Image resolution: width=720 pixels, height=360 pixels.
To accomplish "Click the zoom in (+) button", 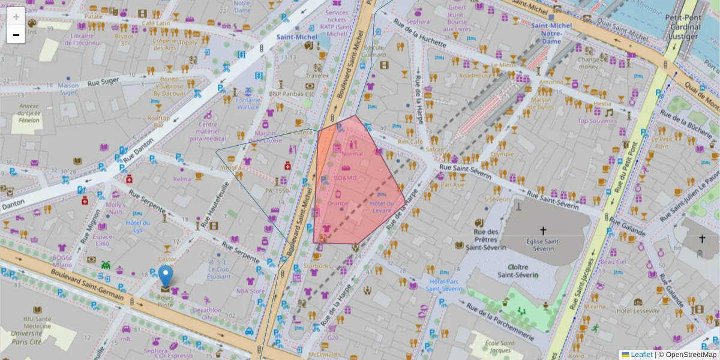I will (16, 16).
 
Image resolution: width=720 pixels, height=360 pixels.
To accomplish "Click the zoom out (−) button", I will (16, 35).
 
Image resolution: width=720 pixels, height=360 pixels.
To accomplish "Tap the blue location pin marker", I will (165, 277).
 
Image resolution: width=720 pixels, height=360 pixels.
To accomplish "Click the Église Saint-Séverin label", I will (544, 244).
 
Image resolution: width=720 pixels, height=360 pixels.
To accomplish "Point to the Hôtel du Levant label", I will (382, 207).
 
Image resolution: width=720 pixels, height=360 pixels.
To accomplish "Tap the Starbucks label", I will (317, 266).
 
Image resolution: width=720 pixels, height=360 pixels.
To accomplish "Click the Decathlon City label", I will (207, 313).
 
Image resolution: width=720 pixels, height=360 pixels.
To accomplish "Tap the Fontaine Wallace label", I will (248, 104).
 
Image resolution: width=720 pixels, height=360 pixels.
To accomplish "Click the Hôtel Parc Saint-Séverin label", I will (444, 284).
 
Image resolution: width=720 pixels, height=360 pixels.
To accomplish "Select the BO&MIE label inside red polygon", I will (346, 178).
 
